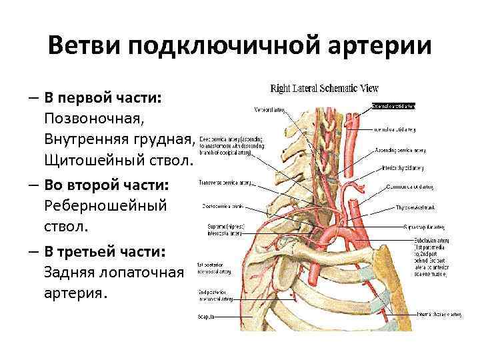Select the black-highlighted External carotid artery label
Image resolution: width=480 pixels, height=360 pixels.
tap(393, 105)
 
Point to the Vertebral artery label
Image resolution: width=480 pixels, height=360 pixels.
tap(270, 109)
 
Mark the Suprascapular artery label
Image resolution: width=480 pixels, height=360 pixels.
tap(427, 227)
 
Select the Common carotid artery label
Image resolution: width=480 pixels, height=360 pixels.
tap(426, 187)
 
